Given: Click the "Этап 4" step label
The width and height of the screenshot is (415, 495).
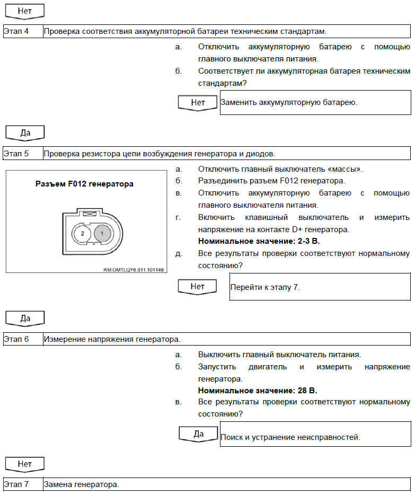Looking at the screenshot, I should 16,31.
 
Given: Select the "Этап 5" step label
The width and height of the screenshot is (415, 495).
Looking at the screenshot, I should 16,154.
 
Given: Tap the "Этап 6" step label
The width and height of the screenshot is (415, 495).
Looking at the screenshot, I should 16,339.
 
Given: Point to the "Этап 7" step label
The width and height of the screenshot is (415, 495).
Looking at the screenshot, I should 16,484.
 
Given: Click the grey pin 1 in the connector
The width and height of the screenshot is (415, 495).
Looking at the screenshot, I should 102,233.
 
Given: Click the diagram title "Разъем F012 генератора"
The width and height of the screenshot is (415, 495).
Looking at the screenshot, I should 84,184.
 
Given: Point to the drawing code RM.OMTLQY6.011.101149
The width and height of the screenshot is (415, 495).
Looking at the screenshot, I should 134,270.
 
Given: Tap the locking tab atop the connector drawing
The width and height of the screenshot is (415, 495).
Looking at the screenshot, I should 90,214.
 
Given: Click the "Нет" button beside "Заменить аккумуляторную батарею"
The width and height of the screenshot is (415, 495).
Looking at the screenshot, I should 198,102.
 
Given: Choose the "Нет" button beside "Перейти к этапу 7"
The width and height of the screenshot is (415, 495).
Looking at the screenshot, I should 198,287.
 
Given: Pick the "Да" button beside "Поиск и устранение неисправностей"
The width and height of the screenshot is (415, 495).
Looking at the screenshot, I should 198,434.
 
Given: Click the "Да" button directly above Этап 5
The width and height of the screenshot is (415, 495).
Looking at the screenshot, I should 25,132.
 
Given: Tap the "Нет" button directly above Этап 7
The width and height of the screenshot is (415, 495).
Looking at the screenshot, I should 25,464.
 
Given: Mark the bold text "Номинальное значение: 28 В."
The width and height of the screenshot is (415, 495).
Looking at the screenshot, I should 258,391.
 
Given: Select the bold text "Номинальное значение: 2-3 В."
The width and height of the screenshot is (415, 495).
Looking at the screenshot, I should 259,241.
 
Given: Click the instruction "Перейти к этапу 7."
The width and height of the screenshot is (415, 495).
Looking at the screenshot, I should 265,287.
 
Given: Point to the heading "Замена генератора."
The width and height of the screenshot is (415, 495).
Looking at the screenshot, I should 82,484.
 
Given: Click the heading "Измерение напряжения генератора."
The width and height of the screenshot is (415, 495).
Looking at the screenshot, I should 112,339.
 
